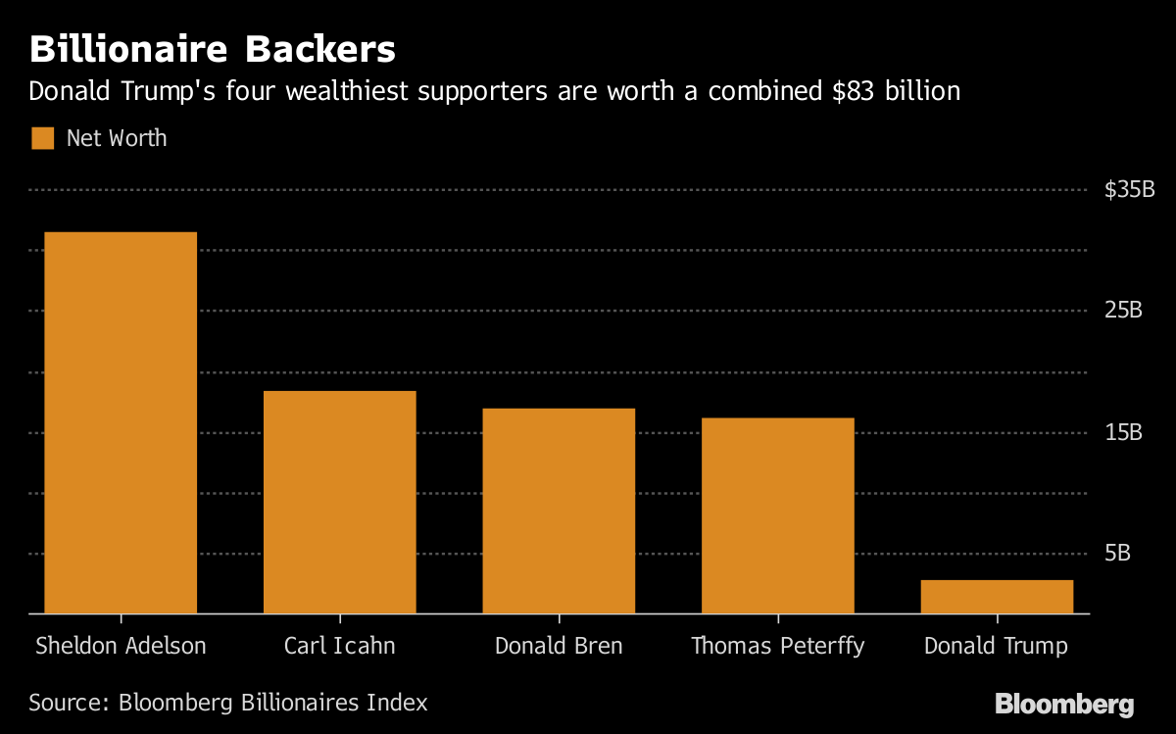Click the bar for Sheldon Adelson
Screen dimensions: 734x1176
pyautogui.click(x=121, y=422)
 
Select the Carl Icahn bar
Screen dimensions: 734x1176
pyautogui.click(x=339, y=502)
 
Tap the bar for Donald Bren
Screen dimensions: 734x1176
pyautogui.click(x=559, y=511)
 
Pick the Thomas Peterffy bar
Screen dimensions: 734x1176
pyautogui.click(x=778, y=515)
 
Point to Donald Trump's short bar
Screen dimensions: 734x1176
pyautogui.click(x=997, y=596)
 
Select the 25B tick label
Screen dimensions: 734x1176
pyautogui.click(x=1123, y=311)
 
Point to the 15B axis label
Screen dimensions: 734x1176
pyautogui.click(x=1123, y=432)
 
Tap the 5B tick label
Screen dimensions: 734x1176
pyautogui.click(x=1117, y=554)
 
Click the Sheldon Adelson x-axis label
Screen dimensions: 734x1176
pyautogui.click(x=121, y=647)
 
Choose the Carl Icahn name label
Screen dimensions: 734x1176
pyautogui.click(x=339, y=647)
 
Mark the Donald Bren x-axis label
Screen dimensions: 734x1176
pyautogui.click(x=559, y=647)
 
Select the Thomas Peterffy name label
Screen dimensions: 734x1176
pyautogui.click(x=778, y=647)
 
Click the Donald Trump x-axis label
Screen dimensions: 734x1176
pyautogui.click(x=997, y=647)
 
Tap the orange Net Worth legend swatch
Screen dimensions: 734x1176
pyautogui.click(x=42, y=138)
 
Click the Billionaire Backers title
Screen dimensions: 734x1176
pyautogui.click(x=212, y=49)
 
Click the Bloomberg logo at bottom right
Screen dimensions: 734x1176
pyautogui.click(x=1064, y=704)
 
